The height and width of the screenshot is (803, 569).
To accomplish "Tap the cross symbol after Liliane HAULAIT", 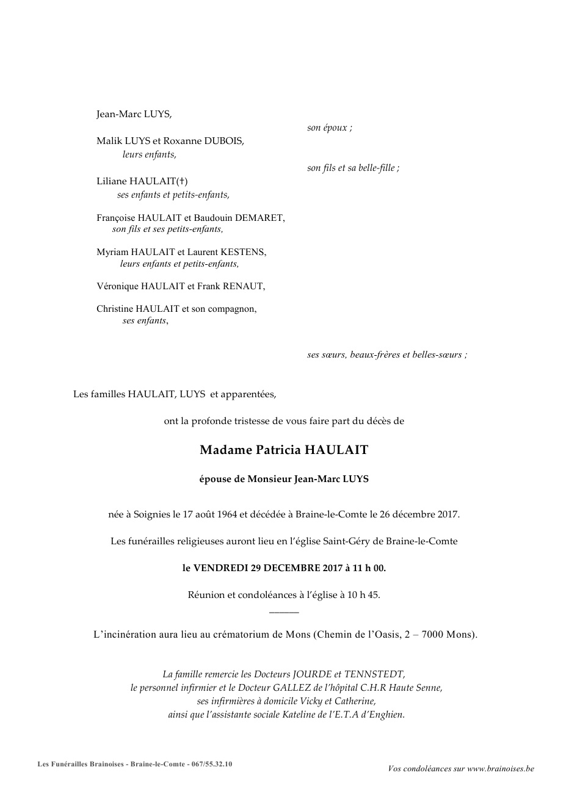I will (182, 181).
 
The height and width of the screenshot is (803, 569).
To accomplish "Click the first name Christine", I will (115, 309).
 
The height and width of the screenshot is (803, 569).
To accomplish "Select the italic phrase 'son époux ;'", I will (330, 128).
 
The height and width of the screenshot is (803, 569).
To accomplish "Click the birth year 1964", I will (227, 514).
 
